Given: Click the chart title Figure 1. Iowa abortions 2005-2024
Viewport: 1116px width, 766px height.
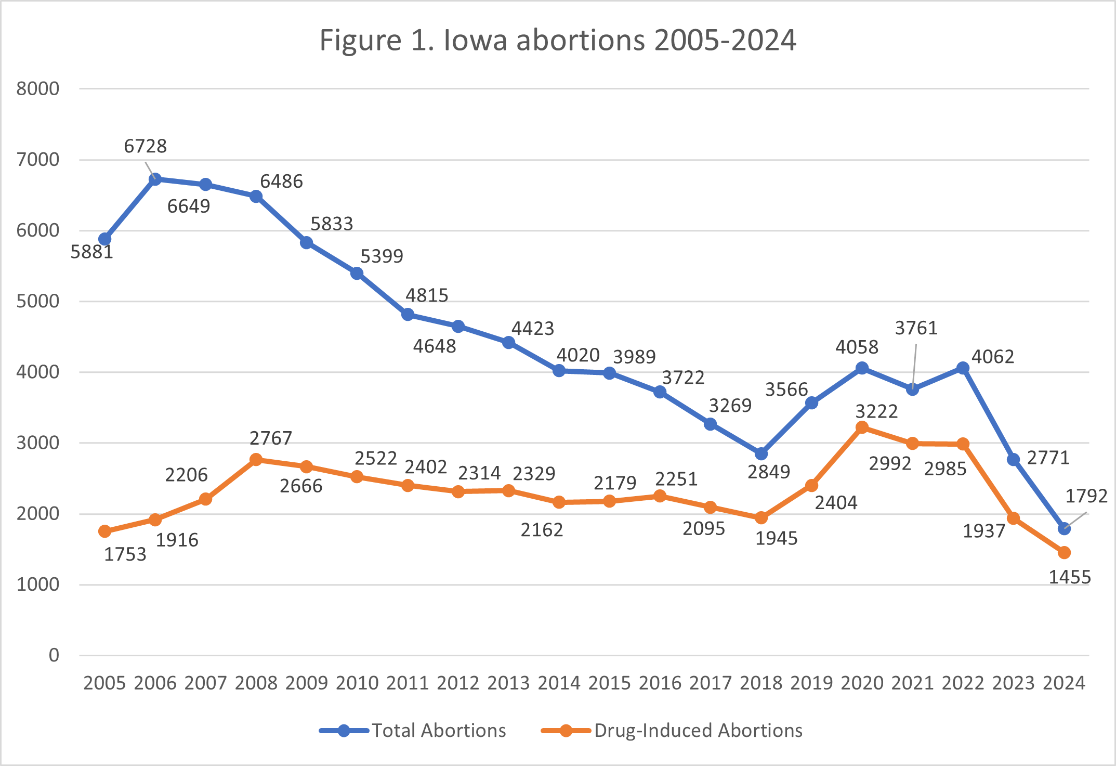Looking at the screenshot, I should click(557, 40).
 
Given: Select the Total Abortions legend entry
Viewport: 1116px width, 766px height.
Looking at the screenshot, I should click(413, 730).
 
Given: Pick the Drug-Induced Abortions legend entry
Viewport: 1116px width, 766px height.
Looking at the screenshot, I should click(672, 730).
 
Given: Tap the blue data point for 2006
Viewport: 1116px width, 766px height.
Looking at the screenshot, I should click(155, 179).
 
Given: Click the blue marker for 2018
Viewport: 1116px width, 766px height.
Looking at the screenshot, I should click(761, 453).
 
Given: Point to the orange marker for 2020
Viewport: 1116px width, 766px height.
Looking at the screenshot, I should click(862, 427).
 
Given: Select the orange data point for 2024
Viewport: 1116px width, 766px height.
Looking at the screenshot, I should click(1064, 552).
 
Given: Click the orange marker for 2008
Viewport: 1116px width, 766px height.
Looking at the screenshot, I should click(256, 460).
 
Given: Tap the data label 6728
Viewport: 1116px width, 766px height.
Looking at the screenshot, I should click(145, 146).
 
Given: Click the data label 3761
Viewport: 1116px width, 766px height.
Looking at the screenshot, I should click(916, 328).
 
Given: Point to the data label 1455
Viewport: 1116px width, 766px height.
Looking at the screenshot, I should click(1069, 577).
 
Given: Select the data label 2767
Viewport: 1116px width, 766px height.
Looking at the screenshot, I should click(271, 438).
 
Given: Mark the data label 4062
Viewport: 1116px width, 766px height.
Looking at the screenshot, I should click(993, 357).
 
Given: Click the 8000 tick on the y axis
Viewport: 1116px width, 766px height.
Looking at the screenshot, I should click(37, 89).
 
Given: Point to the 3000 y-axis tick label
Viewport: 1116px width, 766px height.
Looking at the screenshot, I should click(37, 443).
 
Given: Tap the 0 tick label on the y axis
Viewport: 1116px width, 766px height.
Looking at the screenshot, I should click(54, 655).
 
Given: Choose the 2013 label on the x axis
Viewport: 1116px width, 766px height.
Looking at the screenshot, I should click(508, 683).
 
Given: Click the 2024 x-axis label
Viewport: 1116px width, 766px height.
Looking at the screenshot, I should click(1064, 683).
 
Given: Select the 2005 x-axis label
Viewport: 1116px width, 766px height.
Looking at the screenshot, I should click(104, 683).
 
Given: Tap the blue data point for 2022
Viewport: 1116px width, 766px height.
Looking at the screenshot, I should click(963, 368).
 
